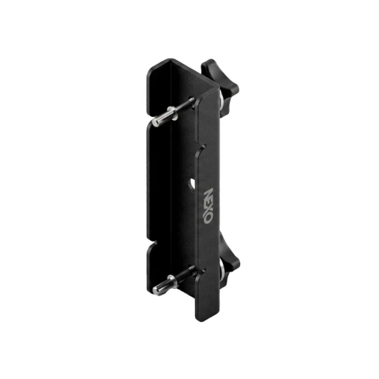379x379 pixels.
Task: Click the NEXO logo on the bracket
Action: (x=208, y=205)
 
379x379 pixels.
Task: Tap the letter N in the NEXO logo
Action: (x=208, y=193)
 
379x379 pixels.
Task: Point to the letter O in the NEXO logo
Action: (x=208, y=219)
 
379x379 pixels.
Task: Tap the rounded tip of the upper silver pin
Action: (x=156, y=122)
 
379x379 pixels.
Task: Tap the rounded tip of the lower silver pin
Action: (x=157, y=290)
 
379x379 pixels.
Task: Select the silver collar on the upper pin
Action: (x=172, y=113)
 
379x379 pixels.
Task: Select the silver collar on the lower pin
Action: (x=173, y=281)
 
